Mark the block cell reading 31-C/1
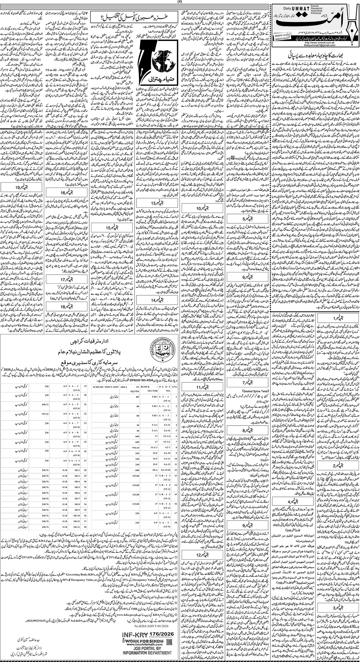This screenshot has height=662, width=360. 153,448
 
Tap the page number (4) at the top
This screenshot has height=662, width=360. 180,2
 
